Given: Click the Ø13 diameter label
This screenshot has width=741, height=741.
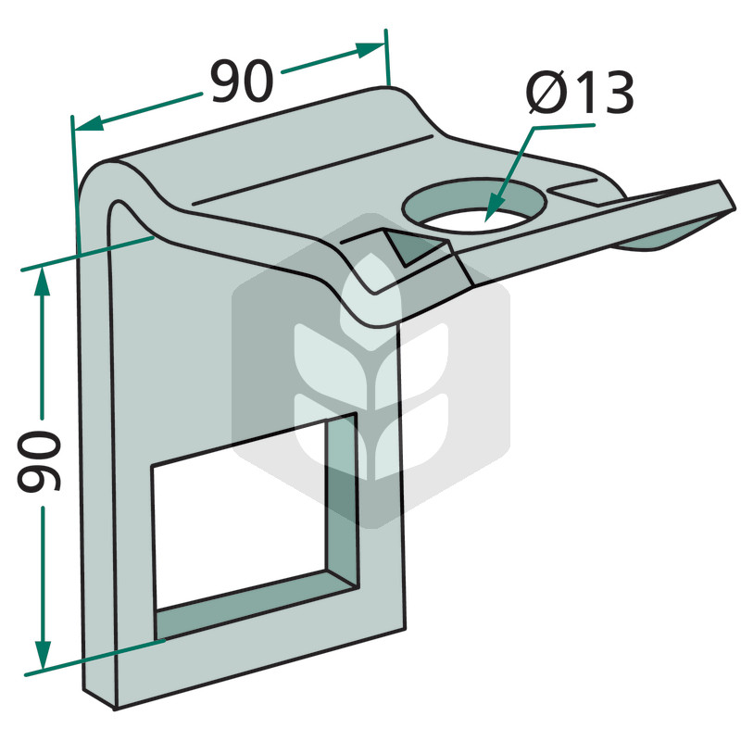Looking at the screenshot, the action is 580,94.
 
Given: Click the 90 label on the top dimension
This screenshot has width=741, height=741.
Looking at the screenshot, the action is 242,82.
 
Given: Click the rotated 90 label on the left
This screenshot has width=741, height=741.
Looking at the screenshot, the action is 39,461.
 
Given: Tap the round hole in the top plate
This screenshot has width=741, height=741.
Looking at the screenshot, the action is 474,205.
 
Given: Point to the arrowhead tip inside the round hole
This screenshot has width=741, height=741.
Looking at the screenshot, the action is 485,221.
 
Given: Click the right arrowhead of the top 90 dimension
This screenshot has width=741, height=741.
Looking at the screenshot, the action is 370,49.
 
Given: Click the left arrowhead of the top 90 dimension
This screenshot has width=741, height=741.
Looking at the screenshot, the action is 89,123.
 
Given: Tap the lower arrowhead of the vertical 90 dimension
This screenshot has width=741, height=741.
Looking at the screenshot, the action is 43,655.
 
